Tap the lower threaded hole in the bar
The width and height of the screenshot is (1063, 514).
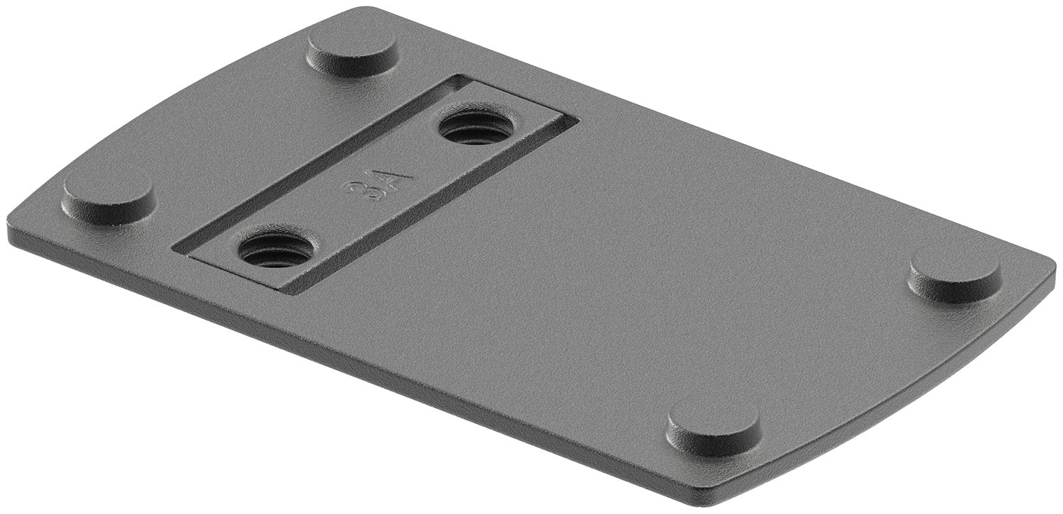tap(275, 250)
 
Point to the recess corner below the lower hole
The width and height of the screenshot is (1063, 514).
tap(287, 293)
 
